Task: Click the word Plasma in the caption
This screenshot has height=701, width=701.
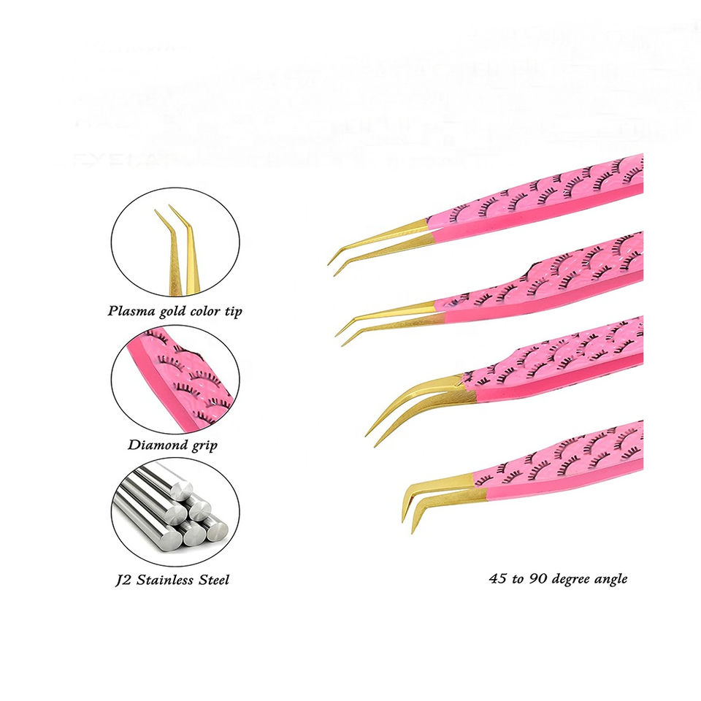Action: pos(129,311)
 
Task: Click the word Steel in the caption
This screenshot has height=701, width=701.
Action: pos(214,580)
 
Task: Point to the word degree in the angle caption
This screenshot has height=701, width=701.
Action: pos(567,579)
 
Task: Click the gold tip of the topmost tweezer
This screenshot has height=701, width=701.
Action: pos(380,237)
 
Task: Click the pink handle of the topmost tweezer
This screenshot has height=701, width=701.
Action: pos(540,201)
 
